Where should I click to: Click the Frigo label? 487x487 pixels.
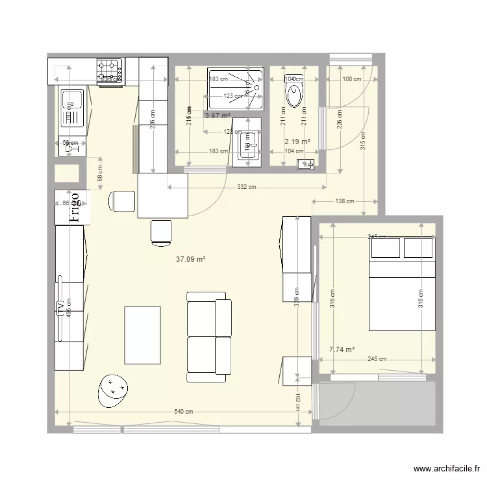pyautogui.click(x=75, y=206)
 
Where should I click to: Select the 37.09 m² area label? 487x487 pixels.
pyautogui.click(x=191, y=258)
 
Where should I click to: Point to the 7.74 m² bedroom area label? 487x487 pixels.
pyautogui.click(x=342, y=349)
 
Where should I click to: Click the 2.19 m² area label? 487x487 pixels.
pyautogui.click(x=297, y=141)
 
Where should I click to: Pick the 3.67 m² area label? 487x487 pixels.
pyautogui.click(x=218, y=116)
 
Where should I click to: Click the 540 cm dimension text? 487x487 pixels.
pyautogui.click(x=183, y=412)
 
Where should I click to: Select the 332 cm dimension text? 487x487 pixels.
pyautogui.click(x=245, y=188)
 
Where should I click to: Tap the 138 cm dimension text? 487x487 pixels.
pyautogui.click(x=344, y=202)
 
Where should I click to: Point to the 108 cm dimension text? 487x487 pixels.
pyautogui.click(x=351, y=79)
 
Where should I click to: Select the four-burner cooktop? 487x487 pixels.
pyautogui.click(x=110, y=71)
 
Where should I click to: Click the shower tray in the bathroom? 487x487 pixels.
pyautogui.click(x=235, y=88)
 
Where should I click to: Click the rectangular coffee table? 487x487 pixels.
pyautogui.click(x=142, y=335)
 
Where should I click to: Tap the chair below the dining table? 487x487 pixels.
pyautogui.click(x=161, y=232)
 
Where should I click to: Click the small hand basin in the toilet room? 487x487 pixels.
pyautogui.click(x=305, y=165)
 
